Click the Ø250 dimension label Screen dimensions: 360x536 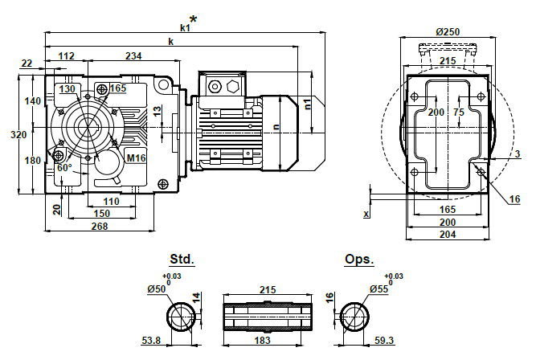[448, 31]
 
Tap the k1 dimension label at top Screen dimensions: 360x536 [184, 27]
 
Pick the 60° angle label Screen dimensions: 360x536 [65, 167]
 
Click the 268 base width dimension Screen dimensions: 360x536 [100, 227]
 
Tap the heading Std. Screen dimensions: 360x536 [182, 260]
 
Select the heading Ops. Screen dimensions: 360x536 [358, 260]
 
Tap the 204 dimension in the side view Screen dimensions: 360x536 [448, 235]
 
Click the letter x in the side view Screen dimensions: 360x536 [366, 214]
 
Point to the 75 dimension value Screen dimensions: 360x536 [458, 112]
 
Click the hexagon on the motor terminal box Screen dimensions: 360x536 [234, 86]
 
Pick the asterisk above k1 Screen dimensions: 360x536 [192, 19]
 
